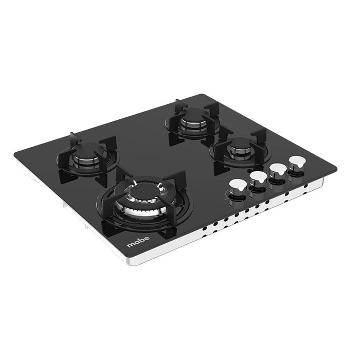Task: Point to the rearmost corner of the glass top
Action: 199,94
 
